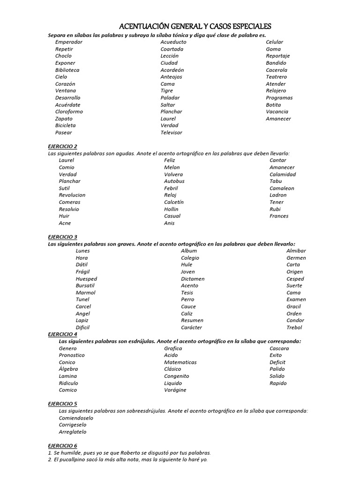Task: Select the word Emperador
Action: pos(68,42)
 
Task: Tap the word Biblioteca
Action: pos(67,70)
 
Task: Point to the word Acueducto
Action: pos(173,42)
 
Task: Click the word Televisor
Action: pos(171,133)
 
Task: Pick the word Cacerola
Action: pos(276,70)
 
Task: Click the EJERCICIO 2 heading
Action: pos(63,146)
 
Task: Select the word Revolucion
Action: pos(72,195)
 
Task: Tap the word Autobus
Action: pos(174,181)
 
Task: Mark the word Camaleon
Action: pos(282,188)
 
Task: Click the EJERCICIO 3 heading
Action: pos(63,237)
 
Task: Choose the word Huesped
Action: pos(86,279)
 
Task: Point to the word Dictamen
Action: pos(193,279)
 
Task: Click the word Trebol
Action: pos(294,328)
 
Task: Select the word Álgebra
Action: pos(68,369)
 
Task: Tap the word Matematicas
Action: pos(180,362)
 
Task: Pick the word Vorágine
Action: pos(175,390)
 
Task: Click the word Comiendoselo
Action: pos(76,418)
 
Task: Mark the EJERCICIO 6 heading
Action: pos(63,445)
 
